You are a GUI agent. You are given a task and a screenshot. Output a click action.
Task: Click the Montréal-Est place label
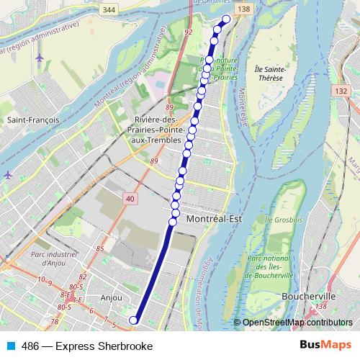pos(212,217)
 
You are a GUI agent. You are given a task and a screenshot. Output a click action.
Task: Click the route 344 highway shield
pos(109,9)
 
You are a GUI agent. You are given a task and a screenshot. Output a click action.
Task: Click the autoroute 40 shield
pos(129,198)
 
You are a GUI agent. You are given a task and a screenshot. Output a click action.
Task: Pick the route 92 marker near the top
pos(189,32)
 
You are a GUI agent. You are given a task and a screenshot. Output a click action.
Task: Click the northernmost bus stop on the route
pos(227,19)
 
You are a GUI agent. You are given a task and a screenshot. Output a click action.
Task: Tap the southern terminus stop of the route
pos(132,320)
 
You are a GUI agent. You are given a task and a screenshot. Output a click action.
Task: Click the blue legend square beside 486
pos(11,346)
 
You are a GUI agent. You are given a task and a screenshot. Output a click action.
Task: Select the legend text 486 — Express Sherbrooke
pos(87,346)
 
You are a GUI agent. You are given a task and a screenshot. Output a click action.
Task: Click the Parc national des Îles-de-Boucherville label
pos(270,266)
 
